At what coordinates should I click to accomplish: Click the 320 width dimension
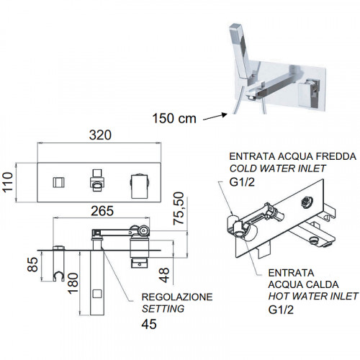point(100,135)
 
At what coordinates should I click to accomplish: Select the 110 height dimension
point(8,181)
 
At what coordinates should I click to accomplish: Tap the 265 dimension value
point(102,211)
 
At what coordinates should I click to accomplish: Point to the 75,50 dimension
point(179,208)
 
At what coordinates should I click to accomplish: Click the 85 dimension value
point(33,264)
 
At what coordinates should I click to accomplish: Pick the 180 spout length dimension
point(73,283)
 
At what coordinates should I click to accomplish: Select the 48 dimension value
point(164,275)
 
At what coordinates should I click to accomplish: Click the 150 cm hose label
point(174,119)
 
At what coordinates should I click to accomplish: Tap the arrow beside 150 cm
point(215,117)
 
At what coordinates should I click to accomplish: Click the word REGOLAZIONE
point(177,297)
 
